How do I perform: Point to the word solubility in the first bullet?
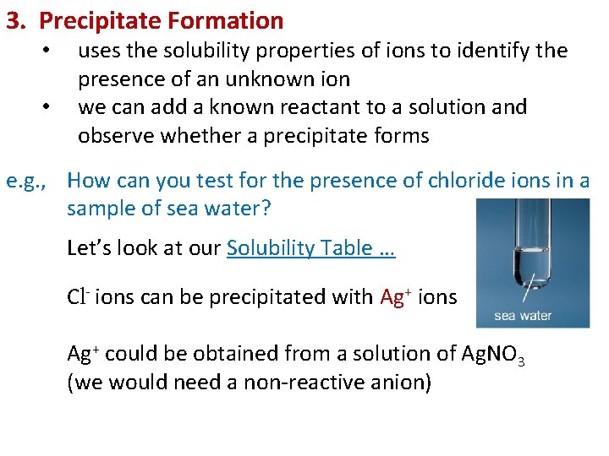click(x=211, y=52)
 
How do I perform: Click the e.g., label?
click(x=31, y=181)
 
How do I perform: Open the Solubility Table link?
click(x=310, y=248)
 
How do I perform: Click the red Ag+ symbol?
click(x=396, y=297)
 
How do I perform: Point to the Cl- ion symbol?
click(x=79, y=297)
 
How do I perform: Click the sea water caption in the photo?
click(x=523, y=316)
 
